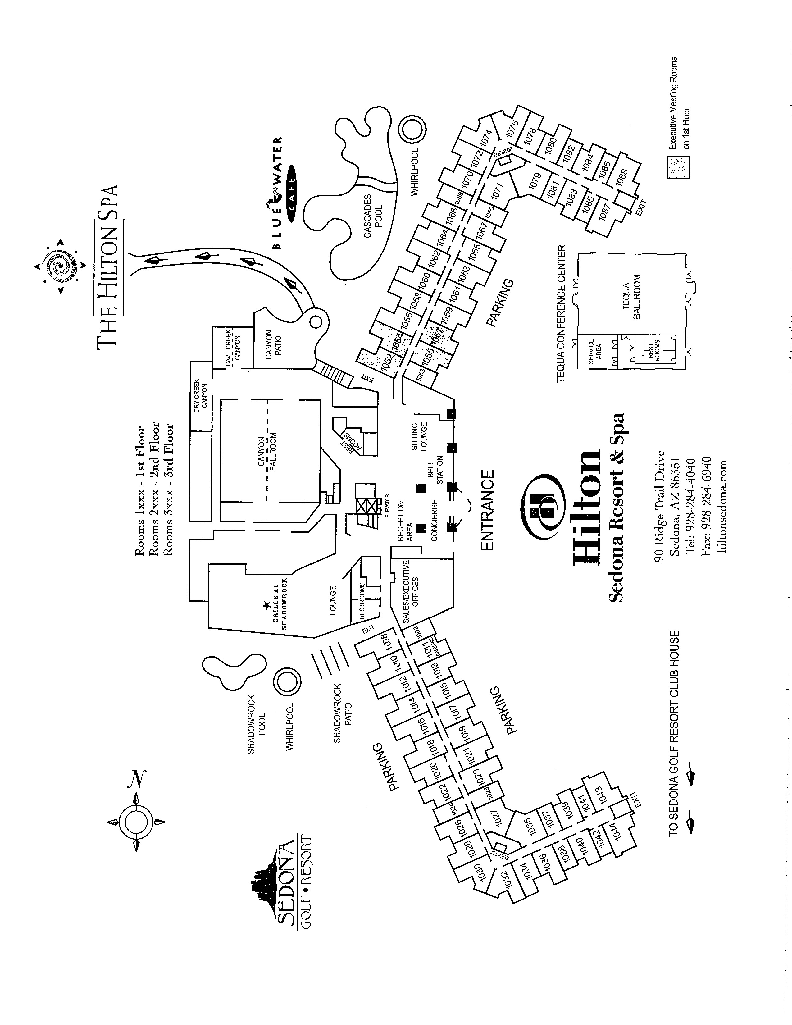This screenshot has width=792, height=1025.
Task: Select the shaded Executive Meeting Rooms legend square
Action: click(x=678, y=167)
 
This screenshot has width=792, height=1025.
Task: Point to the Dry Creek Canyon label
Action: click(x=200, y=395)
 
